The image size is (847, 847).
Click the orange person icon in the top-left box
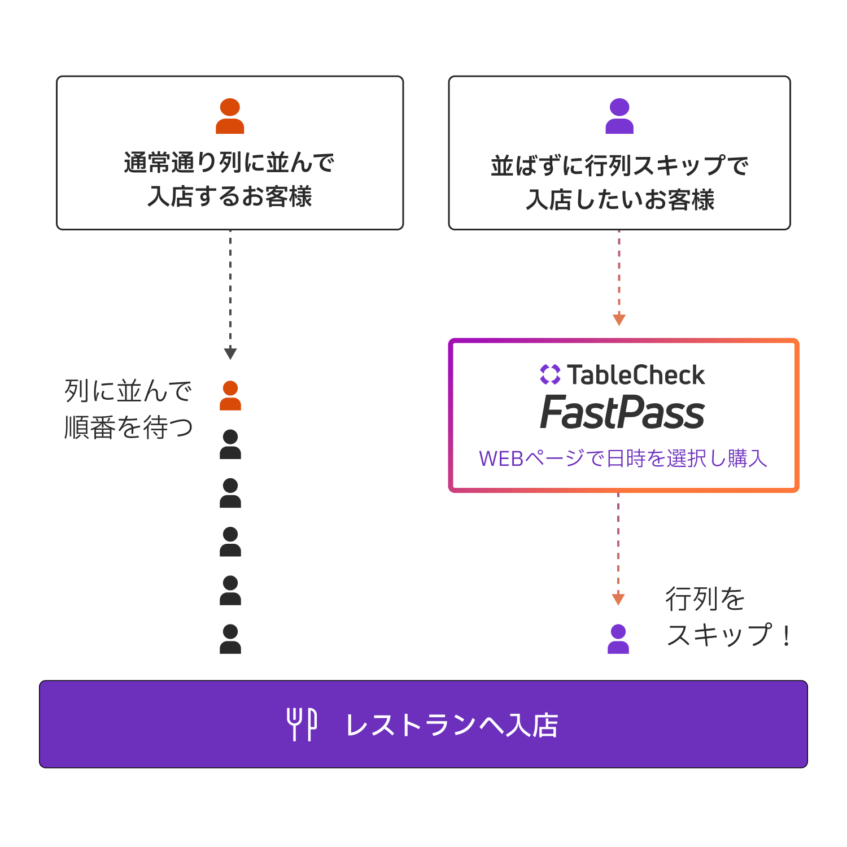(230, 116)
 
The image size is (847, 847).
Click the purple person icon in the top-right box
(619, 116)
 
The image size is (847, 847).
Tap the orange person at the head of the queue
(230, 396)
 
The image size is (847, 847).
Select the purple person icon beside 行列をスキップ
(618, 639)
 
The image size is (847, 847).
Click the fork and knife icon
(302, 724)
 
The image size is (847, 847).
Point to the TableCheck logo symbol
(550, 374)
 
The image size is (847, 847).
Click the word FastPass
(622, 413)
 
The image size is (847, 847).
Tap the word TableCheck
(636, 375)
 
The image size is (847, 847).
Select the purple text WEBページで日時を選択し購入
(623, 459)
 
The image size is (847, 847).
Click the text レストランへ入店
(452, 725)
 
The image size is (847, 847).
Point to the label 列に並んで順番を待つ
(128, 409)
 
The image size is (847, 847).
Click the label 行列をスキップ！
(728, 617)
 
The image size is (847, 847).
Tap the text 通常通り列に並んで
(229, 163)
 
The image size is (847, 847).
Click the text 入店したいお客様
(620, 199)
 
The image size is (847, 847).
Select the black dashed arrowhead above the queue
(230, 354)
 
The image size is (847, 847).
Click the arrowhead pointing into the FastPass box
(619, 320)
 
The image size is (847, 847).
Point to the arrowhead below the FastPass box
(618, 599)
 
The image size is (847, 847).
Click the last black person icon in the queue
(230, 639)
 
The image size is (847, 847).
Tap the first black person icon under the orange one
(230, 444)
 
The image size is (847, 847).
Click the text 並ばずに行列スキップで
(619, 166)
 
